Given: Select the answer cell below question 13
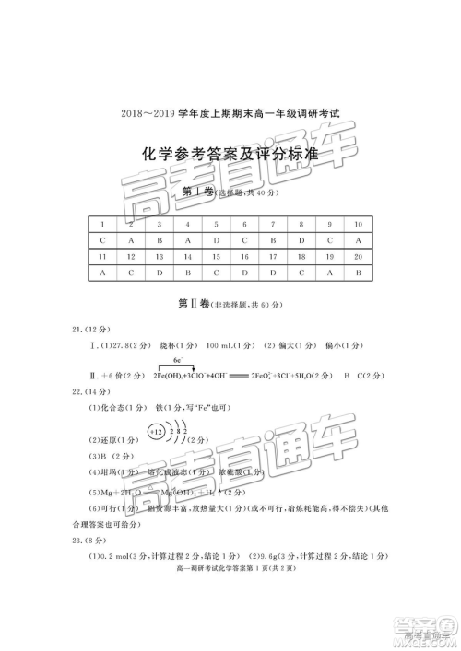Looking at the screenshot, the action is tap(160, 273).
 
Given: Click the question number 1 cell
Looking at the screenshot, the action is tap(102, 224).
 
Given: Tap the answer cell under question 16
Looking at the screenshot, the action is tap(244, 273).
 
